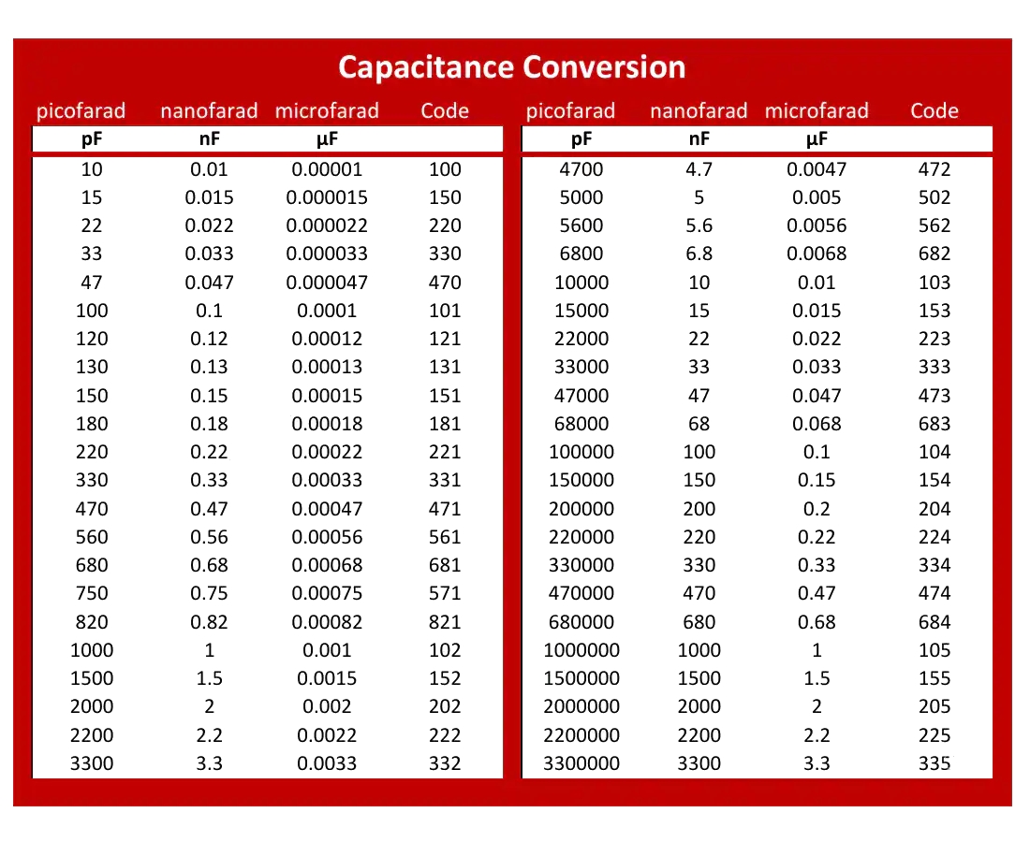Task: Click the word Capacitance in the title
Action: coord(426,67)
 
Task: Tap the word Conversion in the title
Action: coord(604,67)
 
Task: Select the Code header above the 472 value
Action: coord(934,110)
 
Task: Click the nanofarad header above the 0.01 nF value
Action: coord(209,111)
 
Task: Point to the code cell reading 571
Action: coord(445,593)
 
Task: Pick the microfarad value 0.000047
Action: coord(327,283)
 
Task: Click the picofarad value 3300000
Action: coord(581,763)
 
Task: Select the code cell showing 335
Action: coord(934,763)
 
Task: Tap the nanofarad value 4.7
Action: coord(699,169)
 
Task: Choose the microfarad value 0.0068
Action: coord(817,254)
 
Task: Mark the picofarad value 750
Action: coord(92,593)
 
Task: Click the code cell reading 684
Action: coord(934,621)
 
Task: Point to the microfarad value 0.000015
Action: coord(327,197)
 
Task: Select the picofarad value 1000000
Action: coord(581,649)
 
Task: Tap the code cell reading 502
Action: coord(934,197)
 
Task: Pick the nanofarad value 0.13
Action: coord(209,367)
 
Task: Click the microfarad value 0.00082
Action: coord(327,621)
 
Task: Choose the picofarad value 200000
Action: coord(581,509)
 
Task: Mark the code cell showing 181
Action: coord(445,424)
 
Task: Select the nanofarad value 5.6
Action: coord(699,225)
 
